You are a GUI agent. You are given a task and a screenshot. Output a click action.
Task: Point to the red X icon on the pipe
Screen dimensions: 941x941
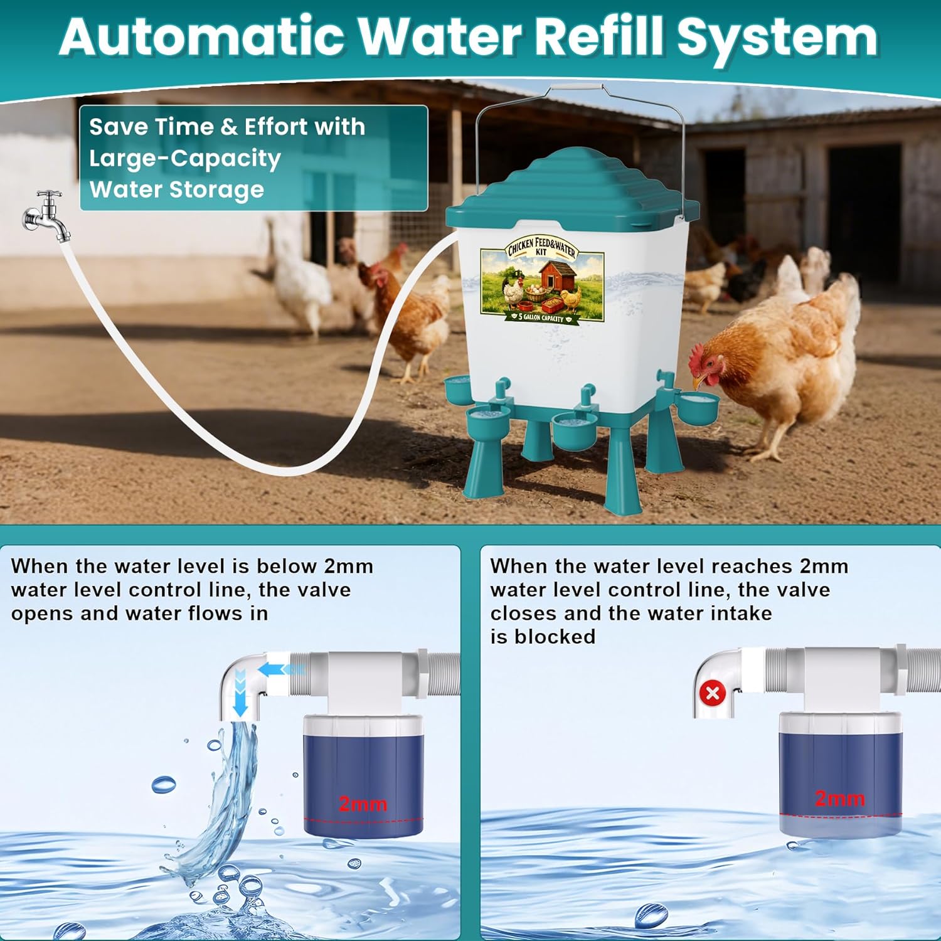(x=713, y=694)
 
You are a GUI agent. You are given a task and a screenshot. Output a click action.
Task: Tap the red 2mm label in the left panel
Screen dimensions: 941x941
(x=363, y=804)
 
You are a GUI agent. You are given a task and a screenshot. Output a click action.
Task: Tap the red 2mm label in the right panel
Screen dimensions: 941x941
(x=839, y=799)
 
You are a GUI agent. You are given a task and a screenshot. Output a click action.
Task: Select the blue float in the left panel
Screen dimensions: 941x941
(x=364, y=778)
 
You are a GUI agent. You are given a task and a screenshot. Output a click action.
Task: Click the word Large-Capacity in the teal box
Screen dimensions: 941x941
(x=184, y=159)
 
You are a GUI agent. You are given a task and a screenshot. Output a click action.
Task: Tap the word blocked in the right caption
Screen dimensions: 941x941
(x=555, y=637)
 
